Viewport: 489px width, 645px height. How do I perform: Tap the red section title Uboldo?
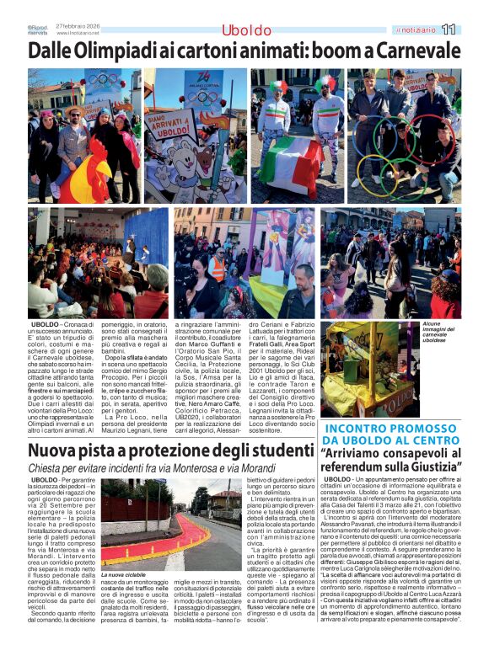click(x=246, y=31)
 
